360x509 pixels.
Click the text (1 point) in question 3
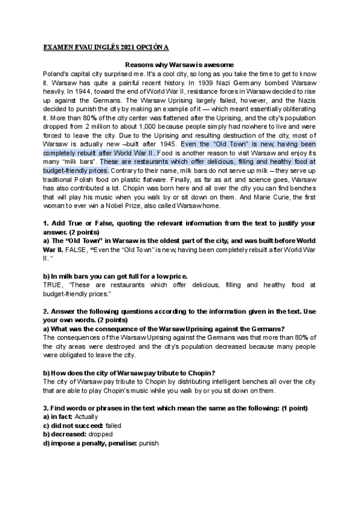point(292,408)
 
